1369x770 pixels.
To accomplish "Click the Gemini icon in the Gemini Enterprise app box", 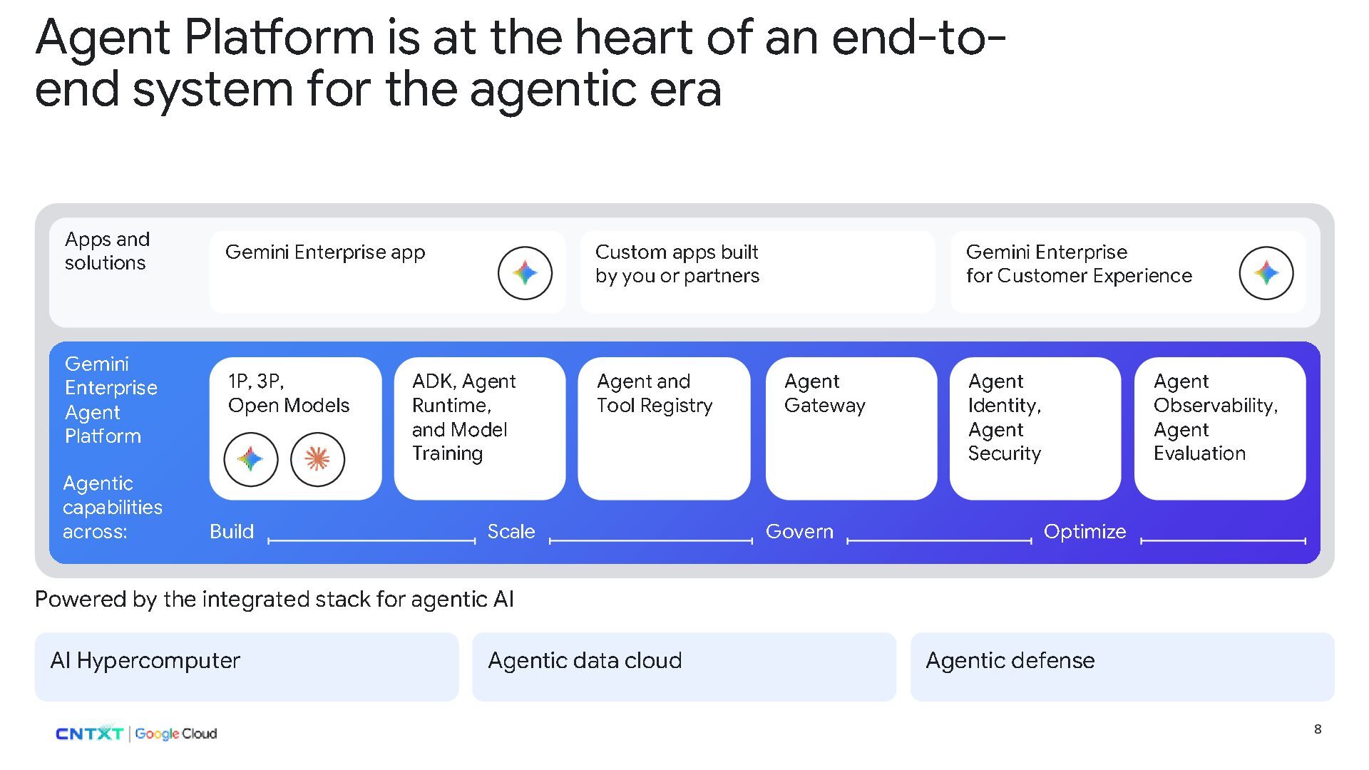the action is [525, 273].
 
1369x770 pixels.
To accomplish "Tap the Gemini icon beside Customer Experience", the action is [1266, 273].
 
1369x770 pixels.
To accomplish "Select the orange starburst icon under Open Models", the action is [317, 459].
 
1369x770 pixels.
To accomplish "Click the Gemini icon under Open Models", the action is [250, 459].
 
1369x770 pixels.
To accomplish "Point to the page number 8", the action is [1318, 729].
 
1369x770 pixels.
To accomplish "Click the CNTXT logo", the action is [89, 734].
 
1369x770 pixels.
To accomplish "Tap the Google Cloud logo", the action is [176, 734].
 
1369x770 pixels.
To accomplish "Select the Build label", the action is [232, 532].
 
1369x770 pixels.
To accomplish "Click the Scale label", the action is [511, 532].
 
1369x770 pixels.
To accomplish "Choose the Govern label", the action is [799, 532].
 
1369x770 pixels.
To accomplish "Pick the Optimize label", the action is [1085, 532].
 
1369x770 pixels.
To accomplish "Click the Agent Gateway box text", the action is [825, 394].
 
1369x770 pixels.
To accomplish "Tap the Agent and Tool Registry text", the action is [655, 394].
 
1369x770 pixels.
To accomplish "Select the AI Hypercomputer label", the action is [145, 661].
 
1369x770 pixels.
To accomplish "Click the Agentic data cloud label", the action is [585, 661].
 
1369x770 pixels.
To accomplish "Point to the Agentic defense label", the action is [1010, 661].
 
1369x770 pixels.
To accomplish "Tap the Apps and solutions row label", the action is [107, 251].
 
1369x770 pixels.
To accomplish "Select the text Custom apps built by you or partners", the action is [677, 264].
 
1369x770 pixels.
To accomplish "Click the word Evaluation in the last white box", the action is [1200, 453].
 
